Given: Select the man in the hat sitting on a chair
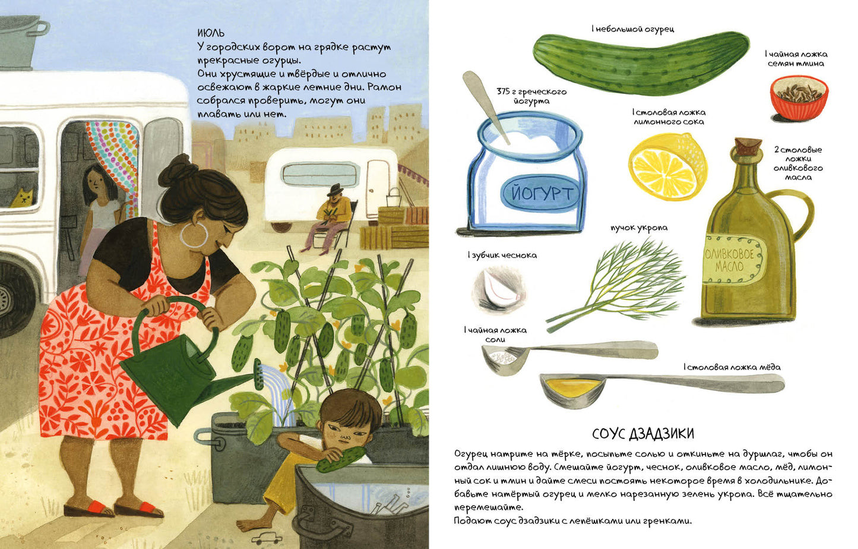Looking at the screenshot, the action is click(x=330, y=219).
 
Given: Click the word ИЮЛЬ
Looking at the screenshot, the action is click(x=211, y=34).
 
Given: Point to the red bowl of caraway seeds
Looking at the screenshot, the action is click(x=799, y=98).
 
